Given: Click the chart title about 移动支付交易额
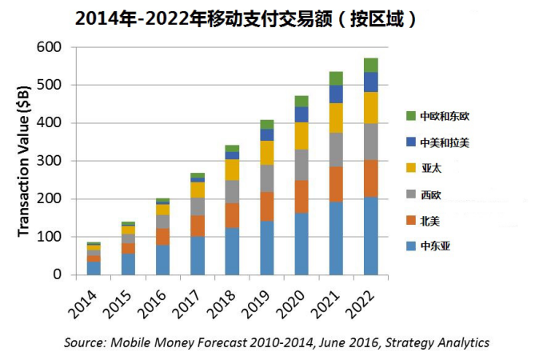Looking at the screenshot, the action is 246,18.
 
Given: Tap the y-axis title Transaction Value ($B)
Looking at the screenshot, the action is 23,161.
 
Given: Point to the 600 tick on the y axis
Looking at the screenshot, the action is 49,47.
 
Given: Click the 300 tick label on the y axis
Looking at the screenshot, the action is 49,161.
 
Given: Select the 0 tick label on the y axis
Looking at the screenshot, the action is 57,274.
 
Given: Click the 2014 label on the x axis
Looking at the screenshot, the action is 83,304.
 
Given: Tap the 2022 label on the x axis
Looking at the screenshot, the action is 361,304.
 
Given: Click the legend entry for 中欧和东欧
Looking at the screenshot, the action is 437,116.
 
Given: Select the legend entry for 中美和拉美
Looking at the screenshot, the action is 437,142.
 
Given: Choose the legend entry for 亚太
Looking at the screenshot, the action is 424,168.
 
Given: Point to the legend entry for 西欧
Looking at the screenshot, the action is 424,194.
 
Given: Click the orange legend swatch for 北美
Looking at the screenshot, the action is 411,221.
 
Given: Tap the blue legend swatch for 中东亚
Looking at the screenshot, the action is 411,246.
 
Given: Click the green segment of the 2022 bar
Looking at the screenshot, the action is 371,66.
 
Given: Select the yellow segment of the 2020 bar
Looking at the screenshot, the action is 301,136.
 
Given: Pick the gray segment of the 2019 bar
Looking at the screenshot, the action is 267,178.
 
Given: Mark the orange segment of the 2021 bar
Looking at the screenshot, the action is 336,184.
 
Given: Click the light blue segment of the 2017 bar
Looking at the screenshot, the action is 198,255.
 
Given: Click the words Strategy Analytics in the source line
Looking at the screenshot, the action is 437,342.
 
